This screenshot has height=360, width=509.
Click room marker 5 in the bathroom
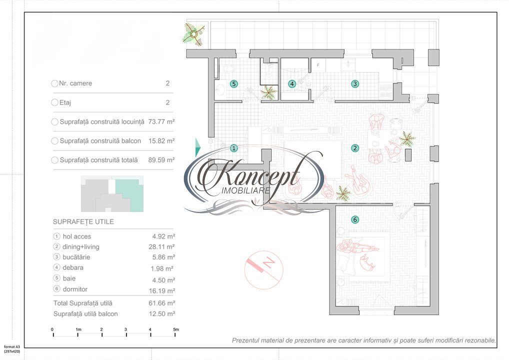click(233, 84)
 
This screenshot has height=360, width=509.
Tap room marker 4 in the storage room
click(292, 84)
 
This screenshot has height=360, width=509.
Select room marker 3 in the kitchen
click(355, 84)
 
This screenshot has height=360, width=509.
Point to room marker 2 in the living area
click(355, 148)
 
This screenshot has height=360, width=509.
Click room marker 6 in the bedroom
click(355, 219)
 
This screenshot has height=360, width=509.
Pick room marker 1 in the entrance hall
click(233, 148)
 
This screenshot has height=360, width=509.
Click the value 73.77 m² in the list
click(161, 121)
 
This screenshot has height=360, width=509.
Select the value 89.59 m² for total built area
click(161, 160)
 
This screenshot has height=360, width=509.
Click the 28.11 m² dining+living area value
click(163, 246)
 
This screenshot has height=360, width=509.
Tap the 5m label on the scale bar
click(175, 329)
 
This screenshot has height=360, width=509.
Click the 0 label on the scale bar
click(52, 329)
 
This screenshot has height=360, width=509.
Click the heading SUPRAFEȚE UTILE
click(83, 222)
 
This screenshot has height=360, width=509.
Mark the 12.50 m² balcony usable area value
click(163, 313)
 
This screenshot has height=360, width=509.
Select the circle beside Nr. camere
click(54, 83)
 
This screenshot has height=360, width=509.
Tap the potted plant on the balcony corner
click(194, 34)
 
